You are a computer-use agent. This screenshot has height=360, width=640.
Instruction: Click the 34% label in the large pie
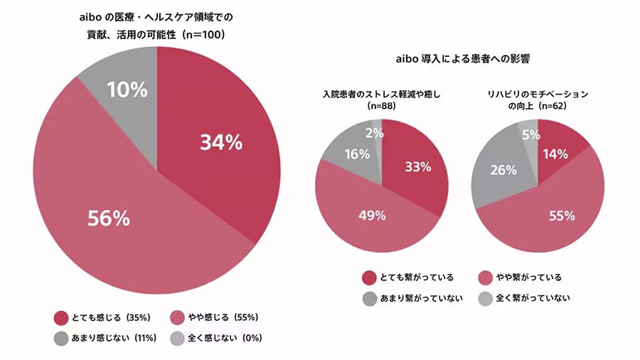point(221,143)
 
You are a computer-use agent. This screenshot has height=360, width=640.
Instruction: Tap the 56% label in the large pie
point(109,218)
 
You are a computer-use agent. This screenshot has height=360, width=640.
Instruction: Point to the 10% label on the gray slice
point(127,90)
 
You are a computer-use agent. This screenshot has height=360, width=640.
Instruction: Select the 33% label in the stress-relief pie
point(418,167)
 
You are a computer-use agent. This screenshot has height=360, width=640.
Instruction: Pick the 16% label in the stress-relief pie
point(357,154)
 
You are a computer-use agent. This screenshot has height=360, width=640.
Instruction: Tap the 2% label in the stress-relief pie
point(375,132)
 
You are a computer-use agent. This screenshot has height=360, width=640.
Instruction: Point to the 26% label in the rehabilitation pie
point(504,170)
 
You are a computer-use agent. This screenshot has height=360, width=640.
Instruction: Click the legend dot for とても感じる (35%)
point(60,318)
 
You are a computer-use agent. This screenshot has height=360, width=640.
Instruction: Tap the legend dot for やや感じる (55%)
point(178,318)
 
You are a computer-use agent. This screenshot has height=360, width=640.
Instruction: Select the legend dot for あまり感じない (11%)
point(60,338)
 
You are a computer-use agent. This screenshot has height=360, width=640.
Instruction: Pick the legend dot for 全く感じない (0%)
point(178,338)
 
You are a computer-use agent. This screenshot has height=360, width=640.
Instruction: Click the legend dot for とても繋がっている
point(368,277)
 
